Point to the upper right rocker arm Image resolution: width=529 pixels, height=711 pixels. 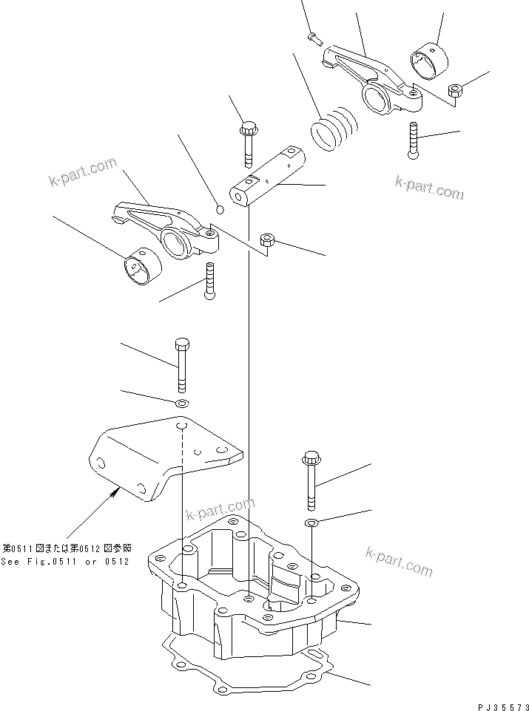coord(366,79)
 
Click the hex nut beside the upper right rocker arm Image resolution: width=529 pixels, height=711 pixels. coord(457,90)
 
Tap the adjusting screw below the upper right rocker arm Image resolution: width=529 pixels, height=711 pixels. coord(413,140)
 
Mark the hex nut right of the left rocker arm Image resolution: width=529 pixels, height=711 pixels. coord(269,239)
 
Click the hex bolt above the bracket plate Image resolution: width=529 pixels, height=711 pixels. coord(181,365)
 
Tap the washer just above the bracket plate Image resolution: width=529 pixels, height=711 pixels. coord(181,404)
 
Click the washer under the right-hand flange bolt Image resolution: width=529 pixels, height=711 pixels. coord(312,523)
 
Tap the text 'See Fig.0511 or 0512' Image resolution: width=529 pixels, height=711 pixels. coord(65,562)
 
